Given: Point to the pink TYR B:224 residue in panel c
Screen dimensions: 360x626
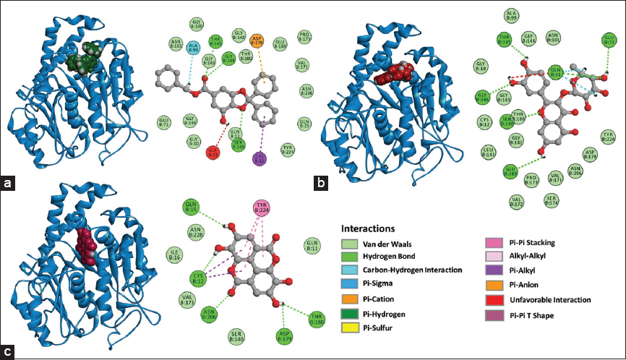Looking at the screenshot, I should pyautogui.click(x=265, y=209).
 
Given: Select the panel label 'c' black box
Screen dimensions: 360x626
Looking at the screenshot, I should pyautogui.click(x=9, y=352).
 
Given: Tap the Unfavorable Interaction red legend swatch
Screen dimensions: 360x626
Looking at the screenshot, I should pyautogui.click(x=492, y=299).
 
